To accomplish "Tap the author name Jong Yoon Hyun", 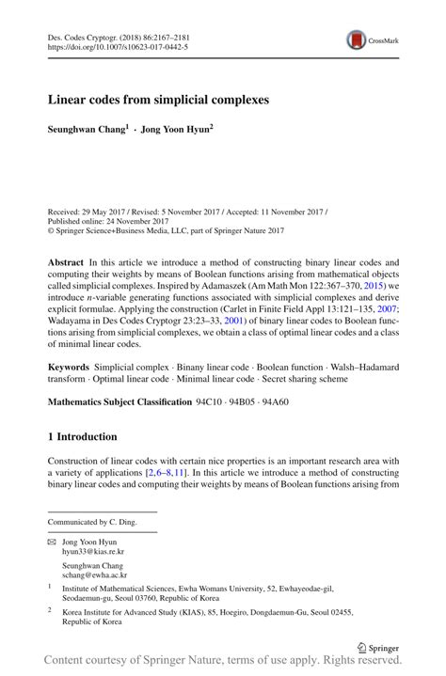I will click(x=176, y=127).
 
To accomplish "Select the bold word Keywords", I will click(x=70, y=364).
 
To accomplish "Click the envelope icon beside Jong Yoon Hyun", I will click(x=51, y=542).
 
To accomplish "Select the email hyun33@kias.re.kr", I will click(x=92, y=554).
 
